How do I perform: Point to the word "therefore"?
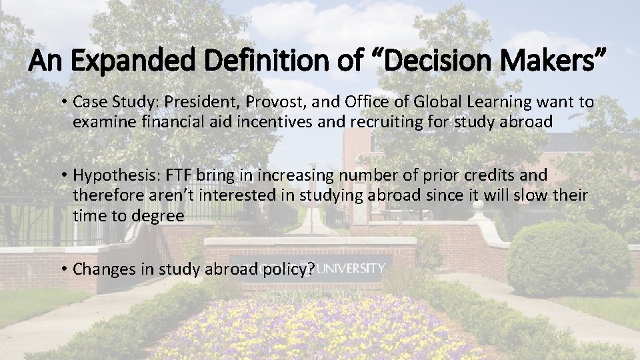105,195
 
